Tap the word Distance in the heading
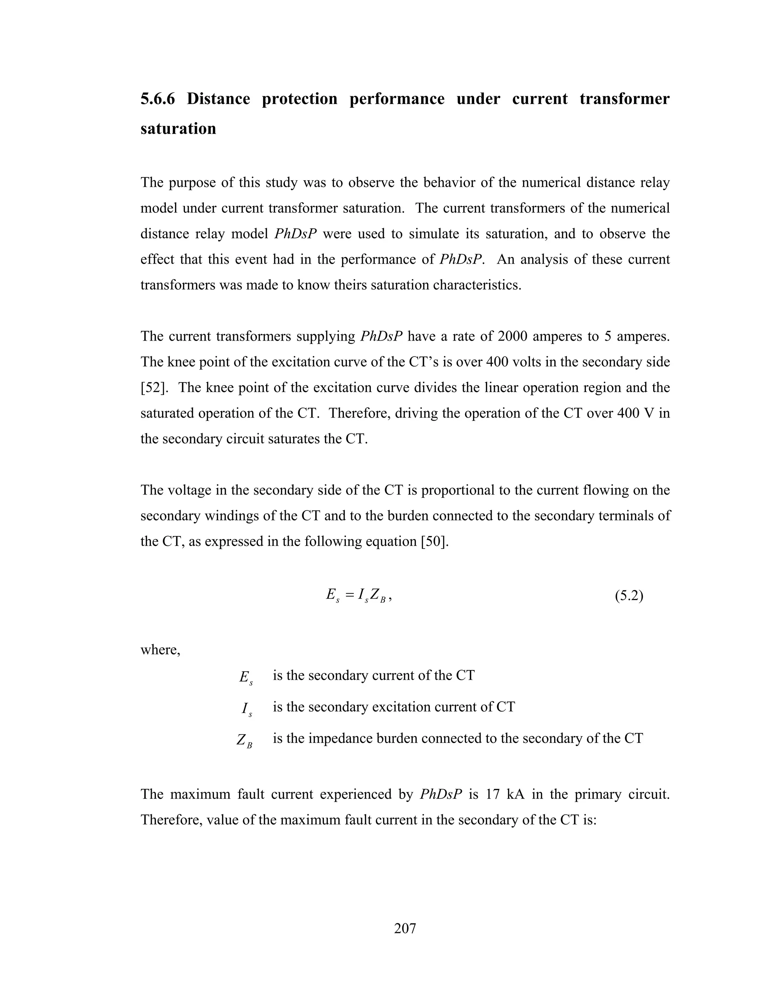click(218, 99)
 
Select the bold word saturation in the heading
click(178, 128)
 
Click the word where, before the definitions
click(160, 650)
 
